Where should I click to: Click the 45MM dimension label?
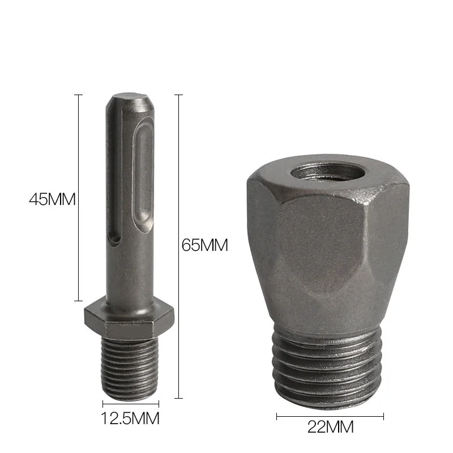pyautogui.click(x=52, y=199)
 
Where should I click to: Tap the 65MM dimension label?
pyautogui.click(x=204, y=245)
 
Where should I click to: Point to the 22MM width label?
pyautogui.click(x=330, y=426)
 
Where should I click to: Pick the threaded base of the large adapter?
pyautogui.click(x=329, y=368)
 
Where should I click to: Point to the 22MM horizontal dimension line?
pyautogui.click(x=330, y=417)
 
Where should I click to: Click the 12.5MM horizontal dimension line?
pyautogui.click(x=131, y=404)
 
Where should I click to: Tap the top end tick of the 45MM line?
pyautogui.click(x=79, y=95)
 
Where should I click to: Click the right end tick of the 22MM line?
pyautogui.click(x=383, y=417)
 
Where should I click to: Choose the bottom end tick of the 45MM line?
pyautogui.click(x=79, y=301)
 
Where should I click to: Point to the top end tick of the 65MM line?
pyautogui.click(x=179, y=95)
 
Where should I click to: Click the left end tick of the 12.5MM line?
pyautogui.click(x=103, y=404)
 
